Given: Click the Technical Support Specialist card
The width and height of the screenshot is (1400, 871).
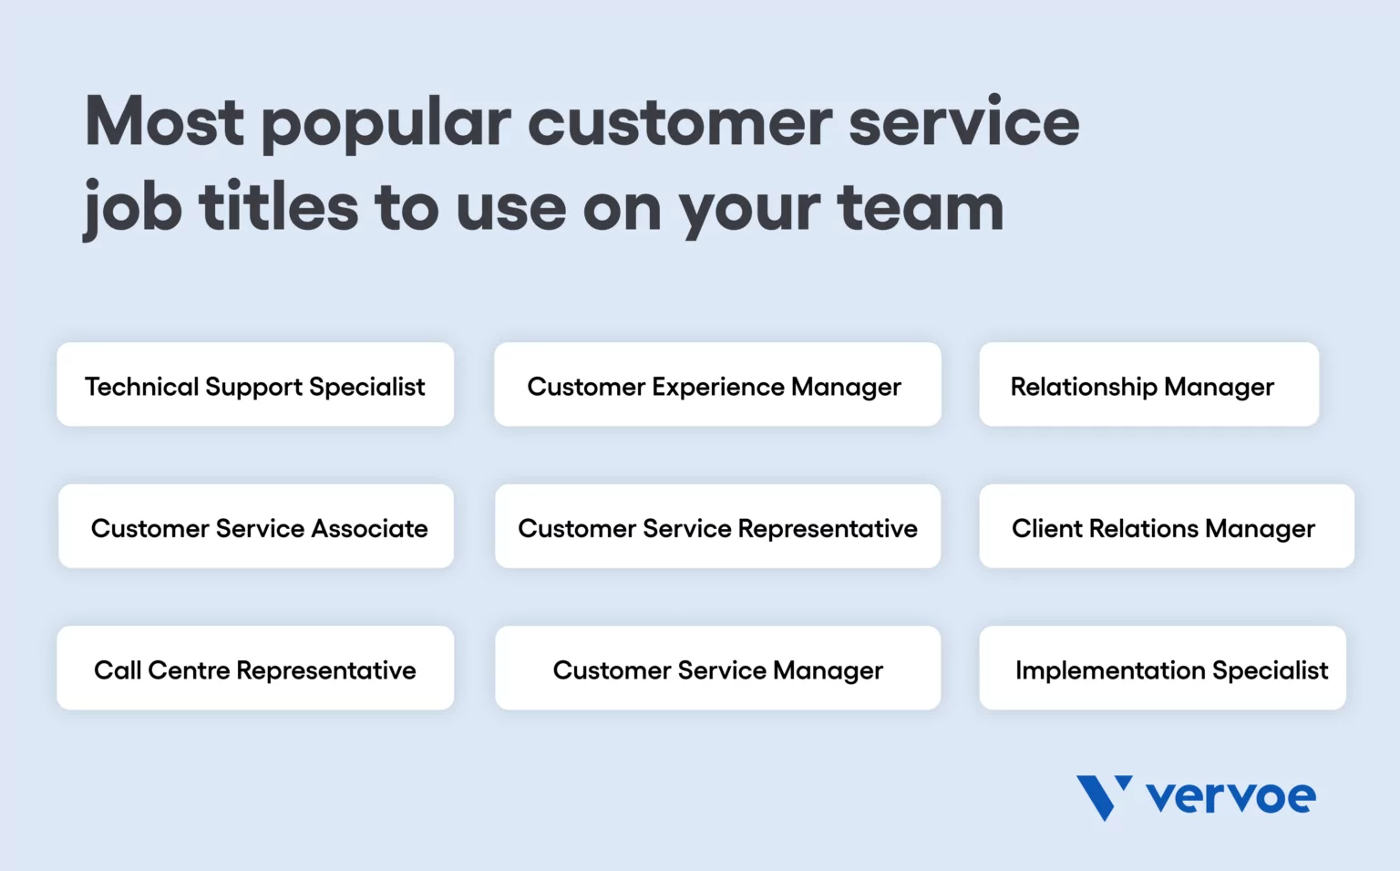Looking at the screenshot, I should (x=255, y=385).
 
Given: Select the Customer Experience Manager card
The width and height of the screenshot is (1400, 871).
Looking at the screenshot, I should (x=717, y=385).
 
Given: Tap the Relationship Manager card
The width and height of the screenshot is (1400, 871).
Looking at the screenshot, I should (x=1148, y=385).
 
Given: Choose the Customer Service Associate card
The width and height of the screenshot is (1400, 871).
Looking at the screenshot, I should (x=256, y=527).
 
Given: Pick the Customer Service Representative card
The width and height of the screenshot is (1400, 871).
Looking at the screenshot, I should (x=717, y=527).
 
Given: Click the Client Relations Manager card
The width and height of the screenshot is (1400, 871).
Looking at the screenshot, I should (x=1167, y=527).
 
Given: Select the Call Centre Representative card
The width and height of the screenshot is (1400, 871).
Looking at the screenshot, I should (x=255, y=669).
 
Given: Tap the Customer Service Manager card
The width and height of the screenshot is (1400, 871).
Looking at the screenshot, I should (x=717, y=669).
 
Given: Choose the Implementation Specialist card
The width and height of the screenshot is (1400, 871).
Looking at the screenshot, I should (x=1162, y=669).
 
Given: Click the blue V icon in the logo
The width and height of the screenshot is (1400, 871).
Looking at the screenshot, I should (x=1103, y=796).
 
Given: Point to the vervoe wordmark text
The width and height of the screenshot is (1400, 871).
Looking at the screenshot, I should (x=1230, y=798).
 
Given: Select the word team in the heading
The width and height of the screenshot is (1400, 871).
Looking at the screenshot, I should (x=921, y=208).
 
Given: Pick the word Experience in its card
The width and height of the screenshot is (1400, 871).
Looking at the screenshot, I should (x=718, y=387).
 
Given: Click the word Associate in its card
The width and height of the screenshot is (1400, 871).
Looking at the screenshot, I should (x=369, y=528).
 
